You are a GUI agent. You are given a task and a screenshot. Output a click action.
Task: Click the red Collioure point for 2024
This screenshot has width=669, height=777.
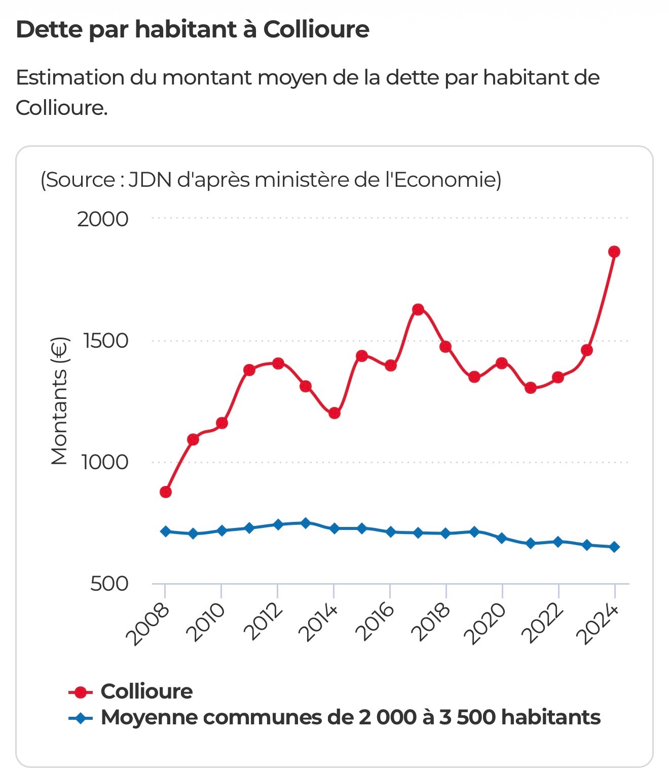[x=614, y=252]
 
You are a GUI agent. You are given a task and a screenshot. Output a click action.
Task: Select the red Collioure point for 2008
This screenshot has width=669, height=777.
[x=165, y=492]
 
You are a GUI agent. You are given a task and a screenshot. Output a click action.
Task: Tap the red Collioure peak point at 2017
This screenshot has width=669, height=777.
[x=418, y=309]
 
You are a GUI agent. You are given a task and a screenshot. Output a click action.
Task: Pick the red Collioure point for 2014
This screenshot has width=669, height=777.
[x=334, y=413]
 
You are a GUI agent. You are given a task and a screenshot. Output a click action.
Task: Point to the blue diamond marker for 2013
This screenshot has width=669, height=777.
[x=306, y=523]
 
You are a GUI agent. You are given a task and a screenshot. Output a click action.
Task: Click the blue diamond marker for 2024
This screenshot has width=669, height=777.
[x=614, y=547]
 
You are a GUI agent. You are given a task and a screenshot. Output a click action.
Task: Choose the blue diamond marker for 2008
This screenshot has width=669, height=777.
[x=165, y=531]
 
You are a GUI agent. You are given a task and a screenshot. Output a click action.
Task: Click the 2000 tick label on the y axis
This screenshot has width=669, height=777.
[x=103, y=220]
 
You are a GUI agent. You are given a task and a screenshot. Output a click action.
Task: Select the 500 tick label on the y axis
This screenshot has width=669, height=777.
[x=109, y=584]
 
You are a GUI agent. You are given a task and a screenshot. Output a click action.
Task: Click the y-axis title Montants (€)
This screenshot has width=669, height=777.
[x=59, y=401]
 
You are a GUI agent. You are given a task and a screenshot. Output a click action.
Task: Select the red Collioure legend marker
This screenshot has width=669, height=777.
[x=81, y=692]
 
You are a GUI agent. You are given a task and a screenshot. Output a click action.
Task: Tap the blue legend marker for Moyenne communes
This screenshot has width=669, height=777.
[x=81, y=718]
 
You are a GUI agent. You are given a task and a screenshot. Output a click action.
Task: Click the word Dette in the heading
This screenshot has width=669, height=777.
[x=49, y=29]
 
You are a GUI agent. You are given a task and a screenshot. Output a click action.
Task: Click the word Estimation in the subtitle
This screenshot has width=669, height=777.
[x=70, y=78]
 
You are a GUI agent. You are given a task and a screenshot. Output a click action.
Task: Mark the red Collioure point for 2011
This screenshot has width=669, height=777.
[x=249, y=370]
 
